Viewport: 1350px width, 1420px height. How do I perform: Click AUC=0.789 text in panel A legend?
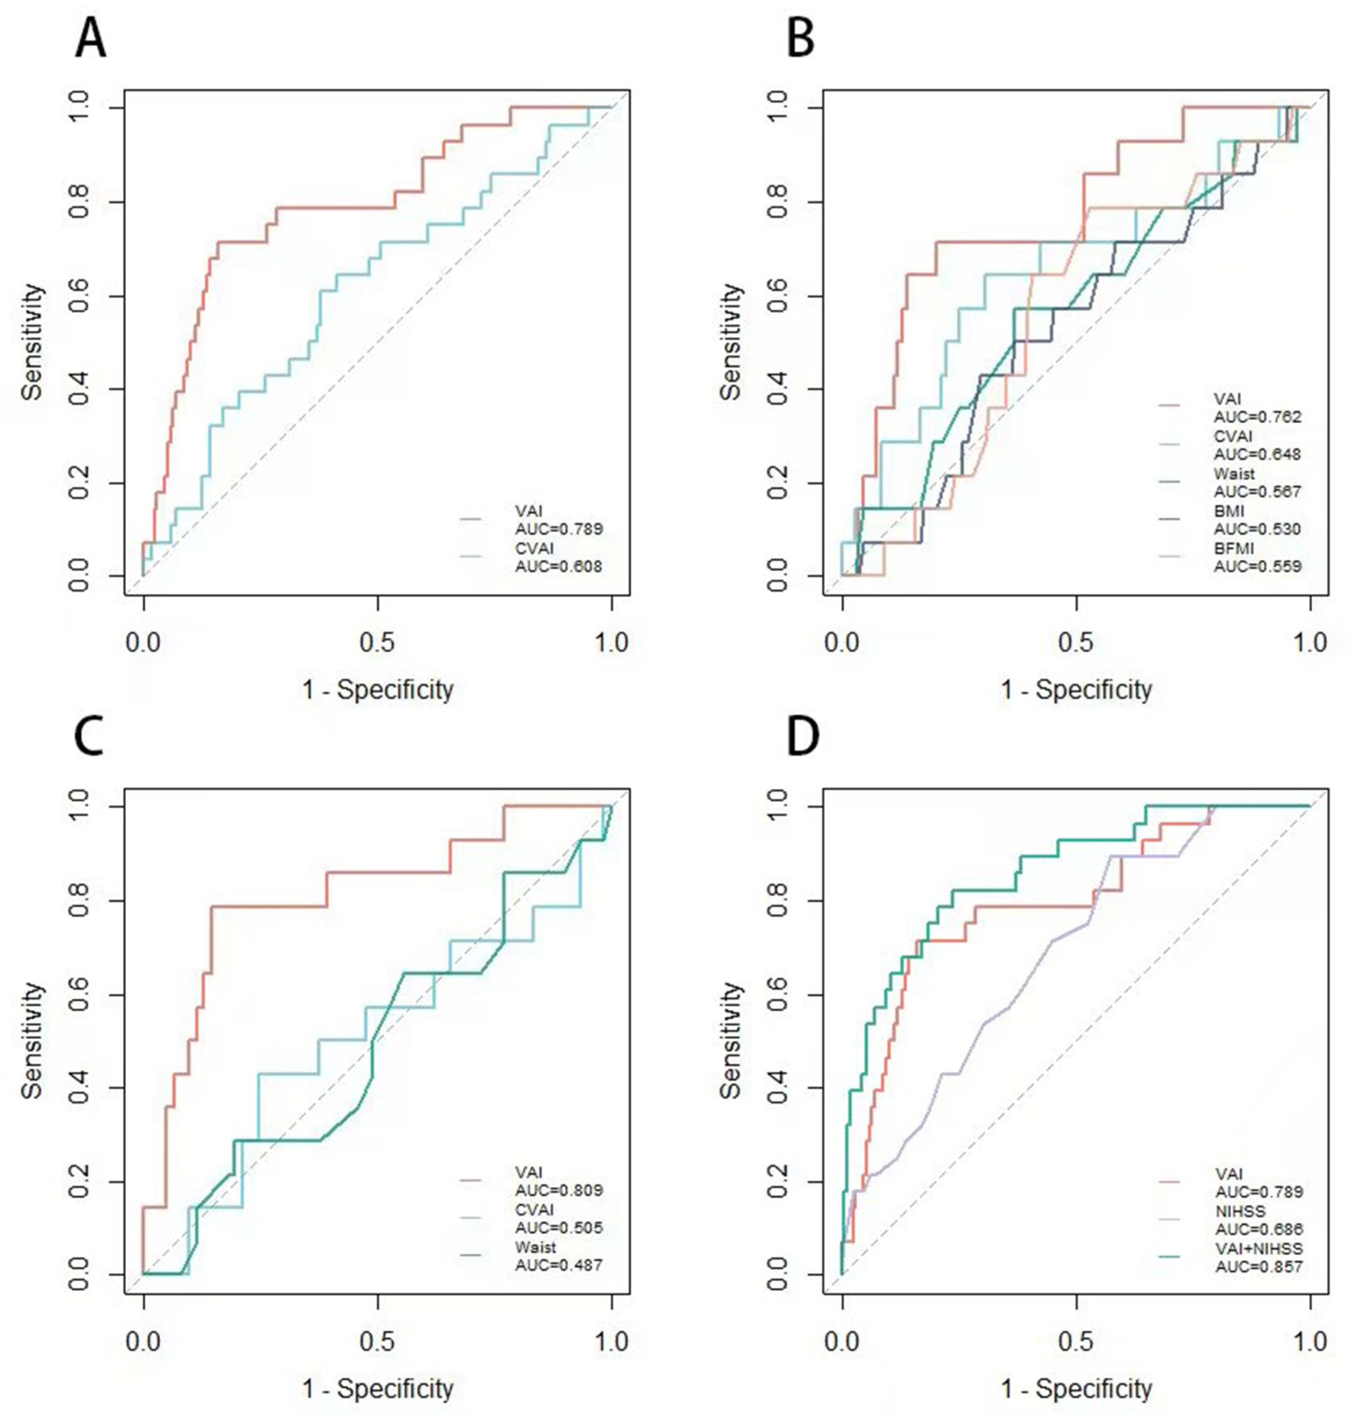[559, 529]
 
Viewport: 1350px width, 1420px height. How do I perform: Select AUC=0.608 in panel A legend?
[559, 566]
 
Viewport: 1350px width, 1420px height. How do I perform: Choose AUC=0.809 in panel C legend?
[559, 1190]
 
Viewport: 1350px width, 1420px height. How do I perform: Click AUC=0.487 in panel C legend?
[559, 1265]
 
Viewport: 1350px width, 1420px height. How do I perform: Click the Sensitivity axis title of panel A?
[32, 342]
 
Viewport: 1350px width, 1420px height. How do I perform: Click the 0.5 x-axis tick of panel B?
[1077, 641]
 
